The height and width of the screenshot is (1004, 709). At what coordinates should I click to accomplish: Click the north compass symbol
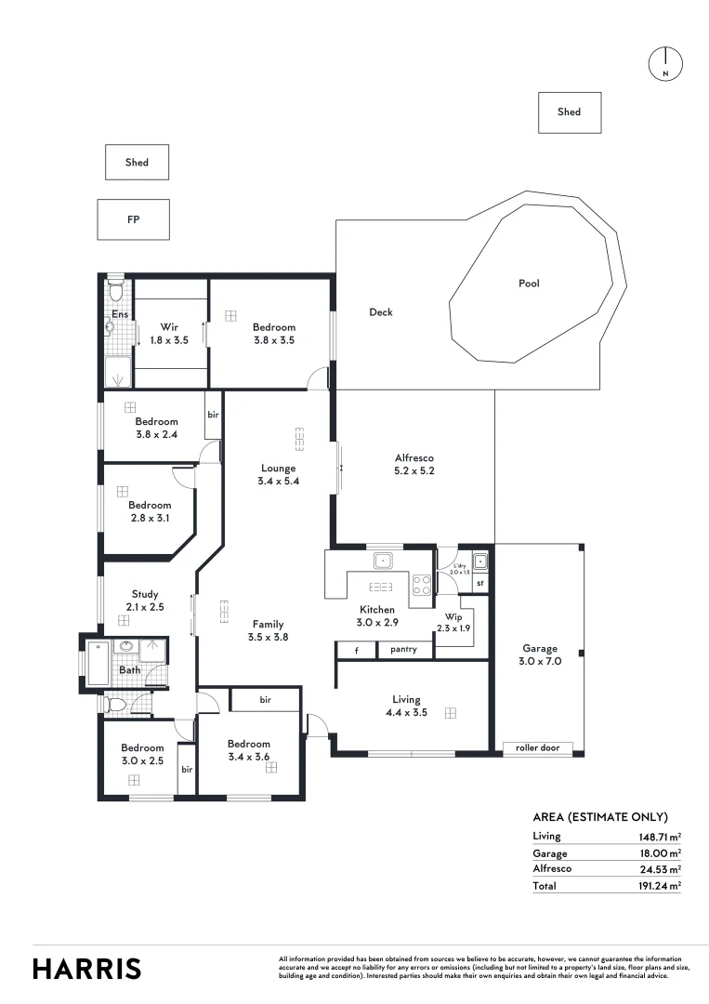tap(665, 62)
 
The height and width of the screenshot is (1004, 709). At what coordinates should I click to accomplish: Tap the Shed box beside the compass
tap(570, 112)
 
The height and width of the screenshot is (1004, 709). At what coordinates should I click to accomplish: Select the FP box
tap(134, 219)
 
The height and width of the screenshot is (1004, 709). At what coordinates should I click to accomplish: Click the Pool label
tap(529, 284)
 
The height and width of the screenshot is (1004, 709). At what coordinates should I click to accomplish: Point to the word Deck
tap(381, 312)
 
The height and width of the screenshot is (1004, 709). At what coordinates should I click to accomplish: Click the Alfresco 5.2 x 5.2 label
tap(414, 464)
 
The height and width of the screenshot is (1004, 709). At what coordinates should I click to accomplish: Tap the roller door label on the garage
tap(538, 747)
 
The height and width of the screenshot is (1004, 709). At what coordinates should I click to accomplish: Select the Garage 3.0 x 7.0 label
tap(540, 654)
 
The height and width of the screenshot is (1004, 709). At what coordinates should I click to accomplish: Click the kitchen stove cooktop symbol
tap(421, 586)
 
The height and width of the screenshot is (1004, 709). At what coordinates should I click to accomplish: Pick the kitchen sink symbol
tap(383, 561)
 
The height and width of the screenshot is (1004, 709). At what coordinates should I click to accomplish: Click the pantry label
tap(404, 649)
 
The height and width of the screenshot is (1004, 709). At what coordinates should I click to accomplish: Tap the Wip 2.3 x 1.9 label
tap(454, 621)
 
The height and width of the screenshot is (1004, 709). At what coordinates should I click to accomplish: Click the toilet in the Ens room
tap(115, 291)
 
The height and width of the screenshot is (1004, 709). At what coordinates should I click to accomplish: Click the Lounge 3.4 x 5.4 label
tap(278, 474)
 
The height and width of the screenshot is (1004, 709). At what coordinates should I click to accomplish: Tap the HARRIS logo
tap(87, 968)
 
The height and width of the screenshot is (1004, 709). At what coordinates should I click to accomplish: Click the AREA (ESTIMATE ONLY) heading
tap(600, 817)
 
